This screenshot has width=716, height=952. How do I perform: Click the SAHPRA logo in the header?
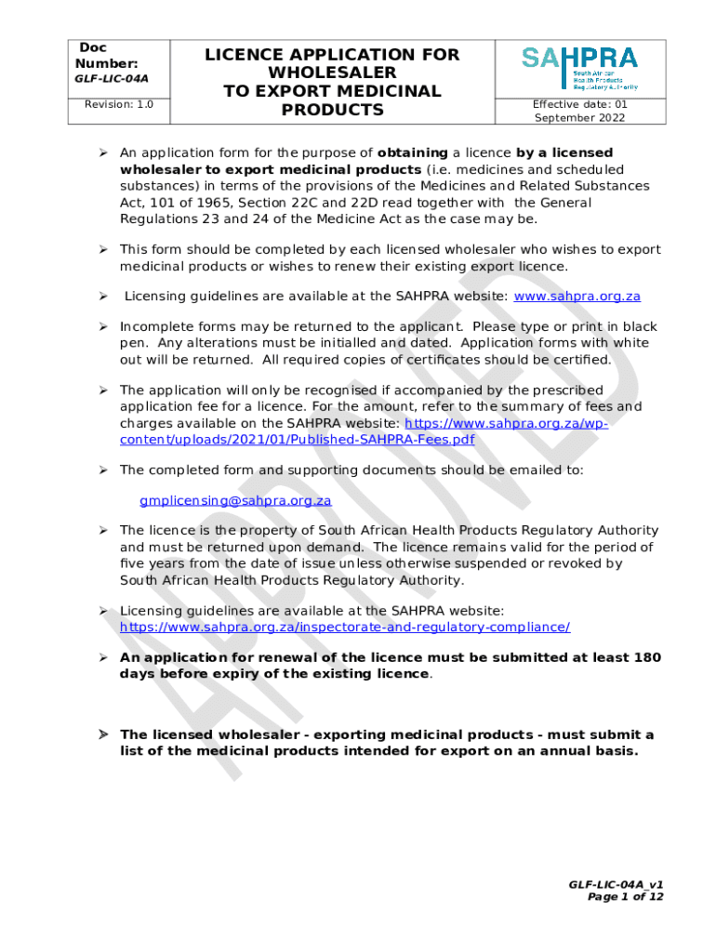click(x=579, y=67)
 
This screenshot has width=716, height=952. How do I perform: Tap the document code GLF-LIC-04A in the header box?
click(x=112, y=79)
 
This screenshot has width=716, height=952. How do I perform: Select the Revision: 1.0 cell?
click(x=119, y=105)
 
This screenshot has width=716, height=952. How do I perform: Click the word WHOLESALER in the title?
click(x=332, y=73)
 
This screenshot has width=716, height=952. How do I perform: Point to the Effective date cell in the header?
click(x=579, y=112)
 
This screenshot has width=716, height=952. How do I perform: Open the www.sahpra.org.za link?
click(x=577, y=297)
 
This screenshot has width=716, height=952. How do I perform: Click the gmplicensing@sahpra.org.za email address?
click(x=235, y=500)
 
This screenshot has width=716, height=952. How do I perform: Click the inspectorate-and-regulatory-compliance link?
click(x=345, y=627)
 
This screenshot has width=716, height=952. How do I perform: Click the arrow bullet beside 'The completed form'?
click(x=105, y=470)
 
